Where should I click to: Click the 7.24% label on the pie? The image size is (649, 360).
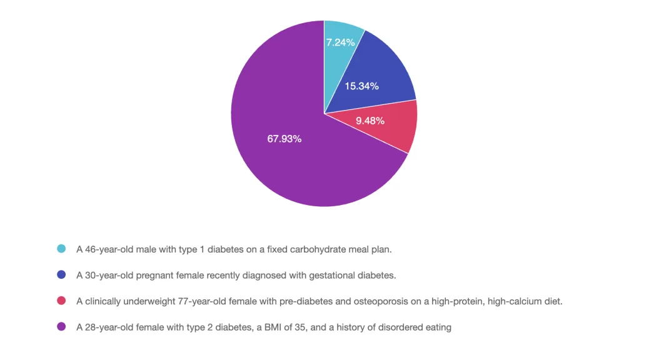click(x=341, y=42)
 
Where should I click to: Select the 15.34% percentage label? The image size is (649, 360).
click(x=361, y=86)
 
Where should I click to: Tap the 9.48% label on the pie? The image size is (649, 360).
click(x=370, y=121)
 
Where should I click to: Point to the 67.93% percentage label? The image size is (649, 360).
click(x=284, y=139)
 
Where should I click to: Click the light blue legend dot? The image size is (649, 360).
click(x=61, y=249)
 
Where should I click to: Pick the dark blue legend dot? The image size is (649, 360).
click(x=61, y=275)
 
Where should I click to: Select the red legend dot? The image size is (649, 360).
click(x=61, y=301)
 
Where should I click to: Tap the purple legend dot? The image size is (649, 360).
click(x=61, y=327)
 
